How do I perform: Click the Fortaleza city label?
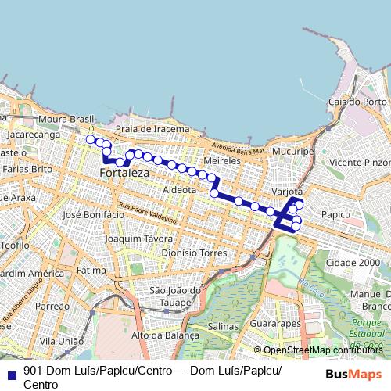coord(124,170)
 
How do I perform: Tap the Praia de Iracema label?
coord(152,128)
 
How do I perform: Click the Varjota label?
coord(286,191)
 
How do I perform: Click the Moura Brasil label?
coord(66,119)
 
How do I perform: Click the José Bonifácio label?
coord(94,214)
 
